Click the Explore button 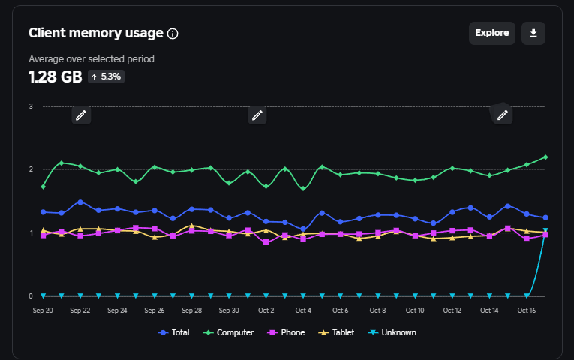click(491, 33)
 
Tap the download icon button click(533, 33)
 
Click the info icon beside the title click(173, 34)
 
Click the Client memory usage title click(95, 33)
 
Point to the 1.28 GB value click(55, 76)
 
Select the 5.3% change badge click(106, 76)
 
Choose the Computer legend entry click(230, 332)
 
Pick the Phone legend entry click(287, 332)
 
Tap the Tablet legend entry click(338, 332)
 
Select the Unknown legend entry click(392, 332)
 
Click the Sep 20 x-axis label click(42, 310)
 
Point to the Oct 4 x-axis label click(303, 310)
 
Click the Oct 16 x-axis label click(527, 310)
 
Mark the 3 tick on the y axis click(31, 106)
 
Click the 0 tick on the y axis click(31, 296)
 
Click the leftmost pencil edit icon click(81, 115)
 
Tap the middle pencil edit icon click(257, 115)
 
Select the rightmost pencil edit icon click(503, 115)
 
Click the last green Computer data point click(545, 157)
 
